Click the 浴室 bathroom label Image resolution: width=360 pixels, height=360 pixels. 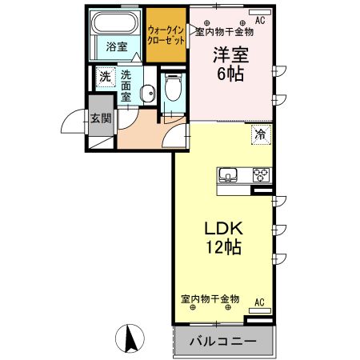pyautogui.click(x=117, y=47)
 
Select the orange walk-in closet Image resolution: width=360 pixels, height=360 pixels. pyautogui.click(x=166, y=35)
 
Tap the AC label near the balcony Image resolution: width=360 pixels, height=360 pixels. pyautogui.click(x=258, y=302)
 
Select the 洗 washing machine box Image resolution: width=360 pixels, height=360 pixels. pyautogui.click(x=105, y=77)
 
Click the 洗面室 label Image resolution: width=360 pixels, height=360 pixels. pyautogui.click(x=127, y=83)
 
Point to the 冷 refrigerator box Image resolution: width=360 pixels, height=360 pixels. pyautogui.click(x=261, y=134)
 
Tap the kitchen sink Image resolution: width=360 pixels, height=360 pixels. pyautogui.click(x=226, y=176)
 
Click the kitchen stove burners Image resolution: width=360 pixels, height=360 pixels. pyautogui.click(x=262, y=176)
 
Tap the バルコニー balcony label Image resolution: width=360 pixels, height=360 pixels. pyautogui.click(x=222, y=342)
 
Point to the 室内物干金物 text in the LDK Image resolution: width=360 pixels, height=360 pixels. pyautogui.click(x=210, y=298)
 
